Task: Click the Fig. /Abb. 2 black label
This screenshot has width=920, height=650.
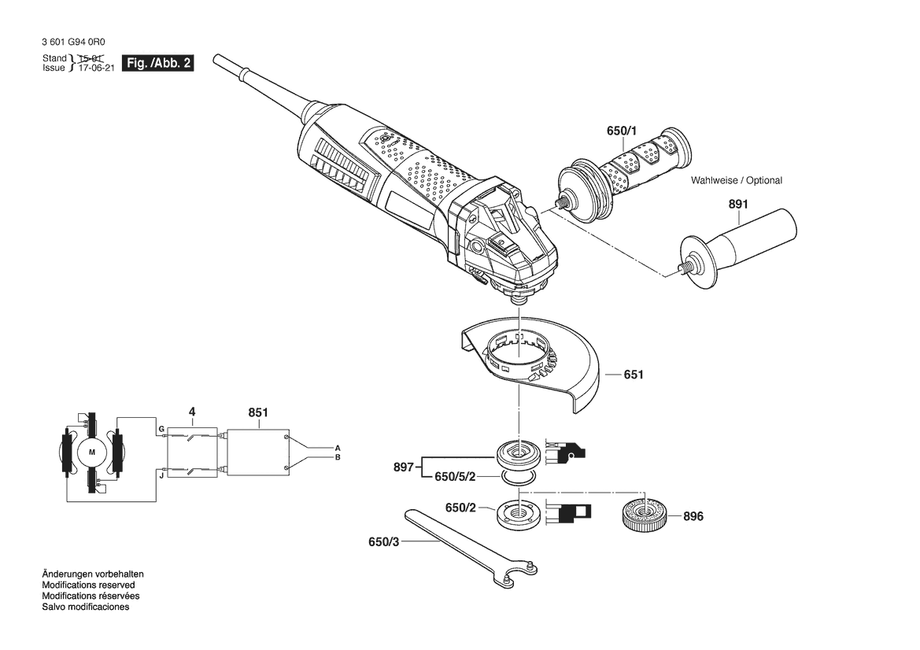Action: pos(158,64)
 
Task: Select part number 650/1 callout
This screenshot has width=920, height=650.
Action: pos(622,131)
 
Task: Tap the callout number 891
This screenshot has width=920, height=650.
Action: pos(738,204)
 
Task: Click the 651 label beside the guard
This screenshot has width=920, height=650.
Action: pos(634,375)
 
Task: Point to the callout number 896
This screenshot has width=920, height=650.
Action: pos(693,516)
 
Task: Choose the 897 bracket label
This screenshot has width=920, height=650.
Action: pos(404,467)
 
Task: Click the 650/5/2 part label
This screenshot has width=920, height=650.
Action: pos(455,477)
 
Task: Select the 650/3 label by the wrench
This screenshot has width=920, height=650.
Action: pos(384,542)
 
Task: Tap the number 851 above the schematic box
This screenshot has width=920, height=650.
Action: pos(258,412)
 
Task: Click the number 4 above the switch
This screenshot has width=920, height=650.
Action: pos(192,412)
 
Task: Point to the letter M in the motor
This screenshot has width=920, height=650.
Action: pos(91,452)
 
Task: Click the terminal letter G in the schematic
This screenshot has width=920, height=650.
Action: pos(161,430)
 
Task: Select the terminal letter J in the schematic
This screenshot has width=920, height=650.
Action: pos(161,475)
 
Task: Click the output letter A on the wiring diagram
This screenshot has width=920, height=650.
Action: pos(338,449)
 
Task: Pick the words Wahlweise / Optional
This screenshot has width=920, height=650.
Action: pos(737,181)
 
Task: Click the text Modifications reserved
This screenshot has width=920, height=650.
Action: pos(89,585)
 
